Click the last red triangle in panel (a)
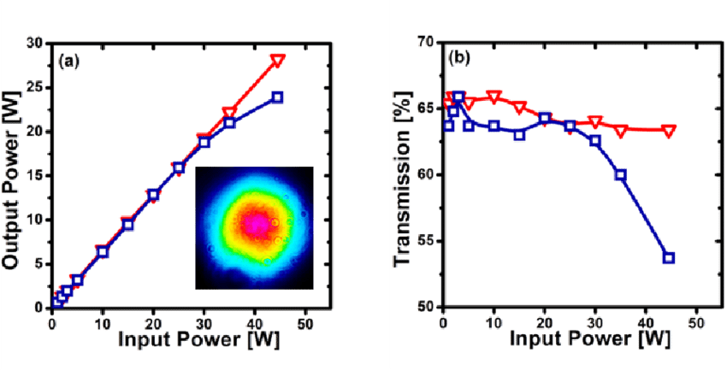tap(277, 61)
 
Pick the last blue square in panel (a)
tap(278, 97)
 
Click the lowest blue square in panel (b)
tap(669, 257)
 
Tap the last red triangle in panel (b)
tap(669, 131)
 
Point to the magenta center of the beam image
tap(255, 224)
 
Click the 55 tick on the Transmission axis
tap(428, 241)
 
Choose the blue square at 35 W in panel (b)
tap(620, 174)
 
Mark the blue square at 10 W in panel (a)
tap(103, 251)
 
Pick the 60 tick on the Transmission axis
tap(428, 175)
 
